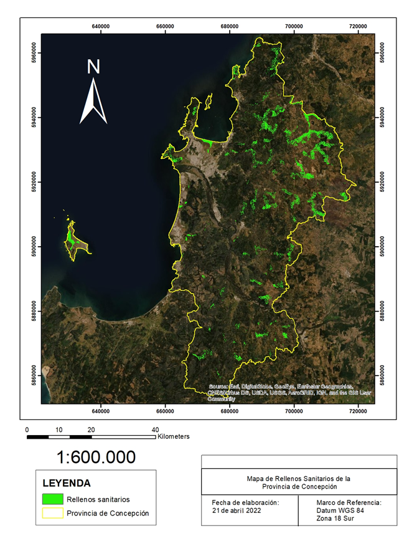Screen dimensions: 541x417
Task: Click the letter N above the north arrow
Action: point(93,67)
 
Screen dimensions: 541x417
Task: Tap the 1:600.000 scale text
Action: point(96,457)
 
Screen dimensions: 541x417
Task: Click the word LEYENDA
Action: point(67,483)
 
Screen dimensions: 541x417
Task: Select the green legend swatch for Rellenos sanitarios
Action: point(54,499)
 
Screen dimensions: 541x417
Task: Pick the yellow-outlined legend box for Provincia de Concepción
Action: point(54,514)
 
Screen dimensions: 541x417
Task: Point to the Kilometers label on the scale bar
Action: point(174,437)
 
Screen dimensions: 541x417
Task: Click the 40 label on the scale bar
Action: point(155,430)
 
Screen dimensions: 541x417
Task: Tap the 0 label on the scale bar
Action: point(27,430)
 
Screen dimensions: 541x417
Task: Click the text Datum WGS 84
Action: point(343,510)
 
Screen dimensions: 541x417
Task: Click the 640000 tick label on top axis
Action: point(101,26)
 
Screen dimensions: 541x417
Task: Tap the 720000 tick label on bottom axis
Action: point(358,411)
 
